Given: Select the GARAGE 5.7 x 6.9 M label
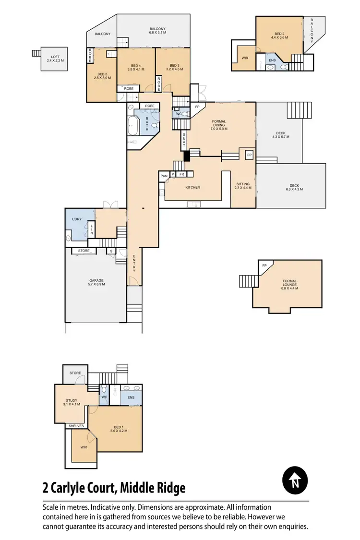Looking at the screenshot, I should point(96,282).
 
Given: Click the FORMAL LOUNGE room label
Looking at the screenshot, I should point(289,285).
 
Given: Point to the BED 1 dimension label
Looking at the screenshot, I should point(118,428).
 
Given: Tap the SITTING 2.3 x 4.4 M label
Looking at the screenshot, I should point(243,186).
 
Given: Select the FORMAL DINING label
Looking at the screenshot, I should point(218,125).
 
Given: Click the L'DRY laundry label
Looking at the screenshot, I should point(77,219).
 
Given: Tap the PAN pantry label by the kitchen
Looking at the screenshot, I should point(164,176).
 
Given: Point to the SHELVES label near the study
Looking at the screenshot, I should point(76,426).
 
